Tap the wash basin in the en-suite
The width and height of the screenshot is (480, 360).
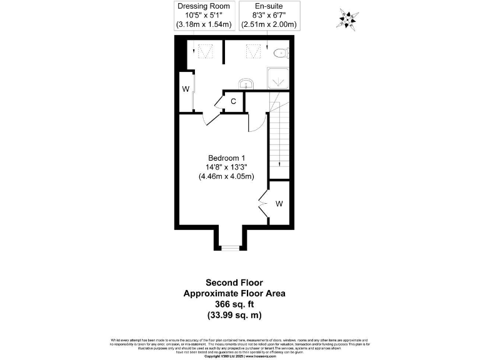click(246, 83)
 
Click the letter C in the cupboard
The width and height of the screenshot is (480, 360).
click(232, 101)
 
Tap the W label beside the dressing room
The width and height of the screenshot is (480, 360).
click(186, 89)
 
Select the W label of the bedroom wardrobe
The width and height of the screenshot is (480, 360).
click(279, 204)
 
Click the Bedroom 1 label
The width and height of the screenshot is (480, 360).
click(226, 157)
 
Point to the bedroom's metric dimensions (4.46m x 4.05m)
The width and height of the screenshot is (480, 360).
click(226, 177)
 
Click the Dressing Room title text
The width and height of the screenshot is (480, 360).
click(204, 6)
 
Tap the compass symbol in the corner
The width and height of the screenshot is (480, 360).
click(347, 19)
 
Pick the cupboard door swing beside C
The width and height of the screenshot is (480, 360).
click(221, 101)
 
